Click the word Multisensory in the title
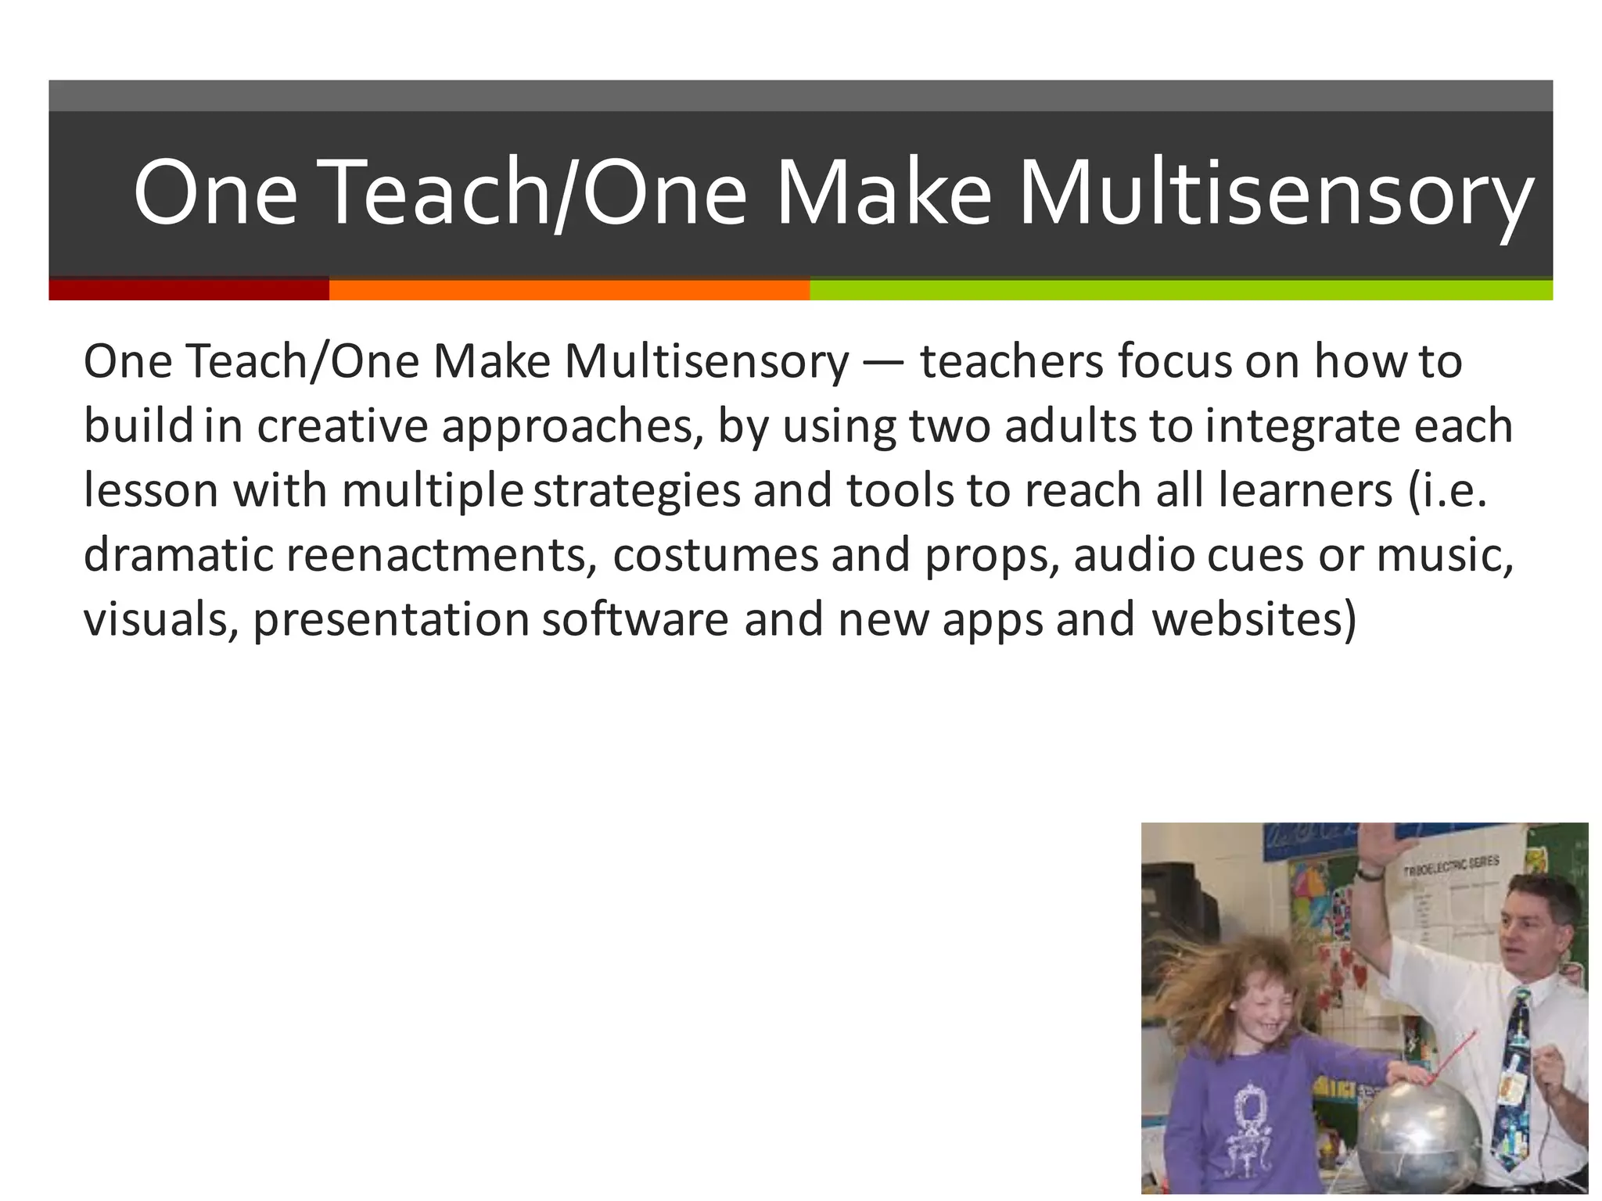coord(1275,194)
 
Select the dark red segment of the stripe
coord(189,289)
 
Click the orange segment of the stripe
coord(569,289)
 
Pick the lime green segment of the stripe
coord(1181,289)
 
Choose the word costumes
coord(714,555)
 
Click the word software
coord(635,619)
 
